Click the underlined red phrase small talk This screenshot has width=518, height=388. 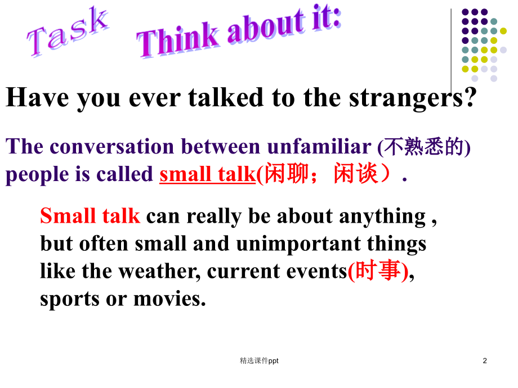pyautogui.click(x=207, y=175)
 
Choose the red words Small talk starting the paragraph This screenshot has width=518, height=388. pyautogui.click(x=90, y=216)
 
